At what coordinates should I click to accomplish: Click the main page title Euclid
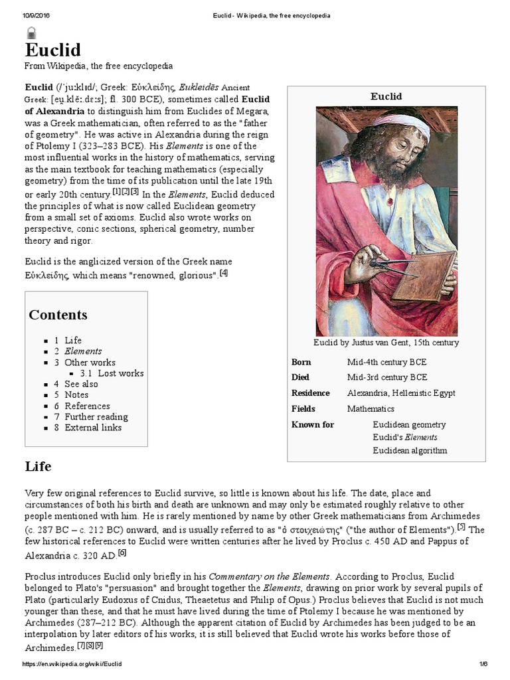click(x=52, y=50)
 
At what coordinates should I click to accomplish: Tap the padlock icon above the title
click(x=31, y=33)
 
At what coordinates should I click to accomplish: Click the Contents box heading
click(x=58, y=315)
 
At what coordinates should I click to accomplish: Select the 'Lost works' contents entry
click(x=120, y=373)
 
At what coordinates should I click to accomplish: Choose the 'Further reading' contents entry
click(x=96, y=417)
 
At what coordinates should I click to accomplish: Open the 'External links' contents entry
click(x=93, y=428)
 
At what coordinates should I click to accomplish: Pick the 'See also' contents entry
click(x=81, y=384)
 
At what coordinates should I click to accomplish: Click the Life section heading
click(x=38, y=466)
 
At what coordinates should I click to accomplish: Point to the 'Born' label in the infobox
click(x=301, y=362)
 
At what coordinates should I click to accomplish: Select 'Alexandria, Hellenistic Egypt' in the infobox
click(x=401, y=392)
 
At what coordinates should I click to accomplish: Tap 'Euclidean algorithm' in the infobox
click(x=410, y=450)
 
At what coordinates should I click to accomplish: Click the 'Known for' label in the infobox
click(x=313, y=424)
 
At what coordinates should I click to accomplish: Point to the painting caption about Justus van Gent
click(x=386, y=343)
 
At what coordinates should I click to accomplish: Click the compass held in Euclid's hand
click(x=392, y=269)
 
